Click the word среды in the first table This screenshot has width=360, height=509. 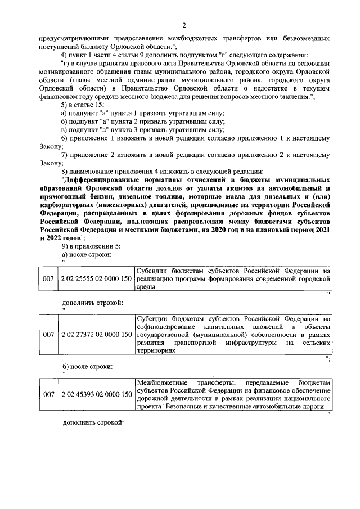point(146,286)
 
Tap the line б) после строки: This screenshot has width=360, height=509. point(86,367)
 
